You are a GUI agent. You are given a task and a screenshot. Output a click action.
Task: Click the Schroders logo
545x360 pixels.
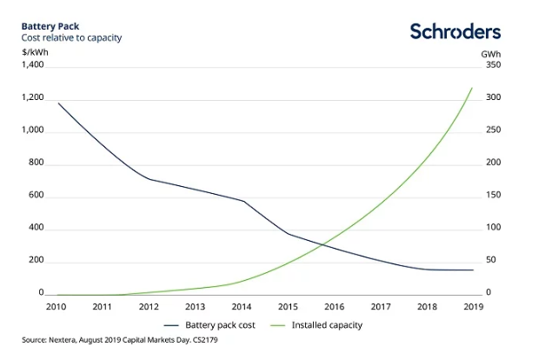tap(455, 31)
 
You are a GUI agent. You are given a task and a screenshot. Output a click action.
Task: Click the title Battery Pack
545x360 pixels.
tap(50, 27)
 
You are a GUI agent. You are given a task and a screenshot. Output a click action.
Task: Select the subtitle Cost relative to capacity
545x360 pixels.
tap(71, 38)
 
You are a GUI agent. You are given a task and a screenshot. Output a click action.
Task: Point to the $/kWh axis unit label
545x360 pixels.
tap(34, 53)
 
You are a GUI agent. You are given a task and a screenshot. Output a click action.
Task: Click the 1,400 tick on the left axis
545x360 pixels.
tap(31, 64)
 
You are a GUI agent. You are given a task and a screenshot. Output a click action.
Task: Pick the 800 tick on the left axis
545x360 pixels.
tap(36, 163)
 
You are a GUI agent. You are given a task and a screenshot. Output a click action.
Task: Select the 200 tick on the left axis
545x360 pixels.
tap(36, 261)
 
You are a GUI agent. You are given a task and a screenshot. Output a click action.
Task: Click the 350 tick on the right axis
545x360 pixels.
tap(493, 64)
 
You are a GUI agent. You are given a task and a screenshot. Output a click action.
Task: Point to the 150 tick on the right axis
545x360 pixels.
tap(493, 196)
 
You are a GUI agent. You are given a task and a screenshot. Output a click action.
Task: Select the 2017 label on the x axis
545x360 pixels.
tap(380, 307)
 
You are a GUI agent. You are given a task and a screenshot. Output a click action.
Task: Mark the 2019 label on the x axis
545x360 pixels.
tap(472, 307)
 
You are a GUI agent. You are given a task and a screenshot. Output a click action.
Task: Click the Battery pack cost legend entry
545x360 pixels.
tap(217, 324)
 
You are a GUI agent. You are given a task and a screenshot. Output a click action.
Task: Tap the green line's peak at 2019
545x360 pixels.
tap(472, 88)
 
